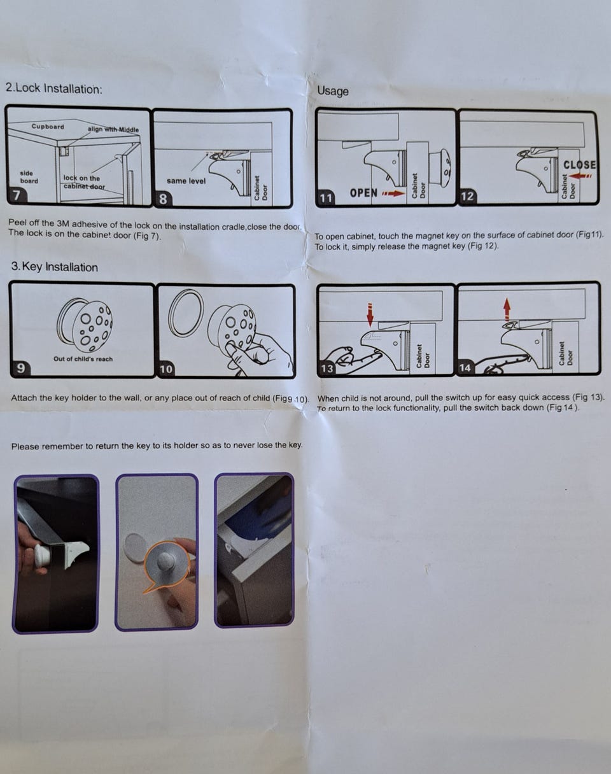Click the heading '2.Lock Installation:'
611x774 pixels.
tap(54, 88)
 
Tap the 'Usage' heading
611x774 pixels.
tap(333, 91)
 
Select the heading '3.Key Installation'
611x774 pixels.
tap(54, 267)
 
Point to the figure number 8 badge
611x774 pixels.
tap(163, 199)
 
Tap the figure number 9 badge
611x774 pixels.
tap(21, 368)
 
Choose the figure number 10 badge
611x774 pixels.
tap(167, 369)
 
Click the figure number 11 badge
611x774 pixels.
tap(326, 199)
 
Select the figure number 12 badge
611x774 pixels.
tap(468, 197)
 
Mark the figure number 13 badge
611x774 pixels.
tap(327, 369)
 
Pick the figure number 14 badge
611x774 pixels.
tap(465, 368)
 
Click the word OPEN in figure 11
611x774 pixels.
tap(363, 193)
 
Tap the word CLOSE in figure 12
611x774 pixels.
tap(579, 165)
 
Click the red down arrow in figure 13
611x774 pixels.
tap(370, 316)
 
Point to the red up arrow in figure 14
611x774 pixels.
tap(507, 309)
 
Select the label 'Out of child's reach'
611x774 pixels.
tap(83, 359)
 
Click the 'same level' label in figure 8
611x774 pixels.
tap(186, 181)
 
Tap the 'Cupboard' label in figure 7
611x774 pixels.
tap(48, 127)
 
